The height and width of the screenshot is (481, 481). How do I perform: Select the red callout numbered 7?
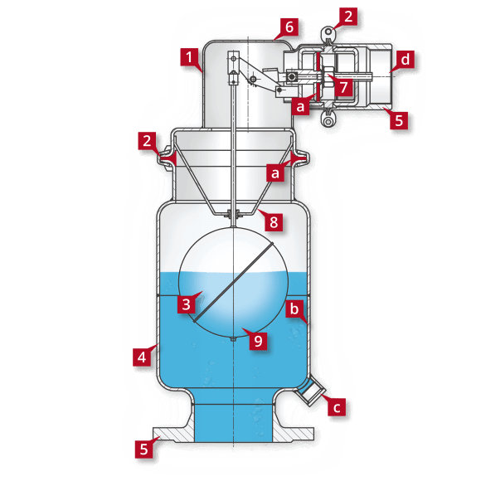coord(342,85)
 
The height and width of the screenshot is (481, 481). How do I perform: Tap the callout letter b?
coord(294,310)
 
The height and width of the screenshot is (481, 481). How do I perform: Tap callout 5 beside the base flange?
coord(144,449)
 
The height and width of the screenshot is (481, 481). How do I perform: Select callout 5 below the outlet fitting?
coord(399,120)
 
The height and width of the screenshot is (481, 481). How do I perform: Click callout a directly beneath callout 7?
coord(301,107)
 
